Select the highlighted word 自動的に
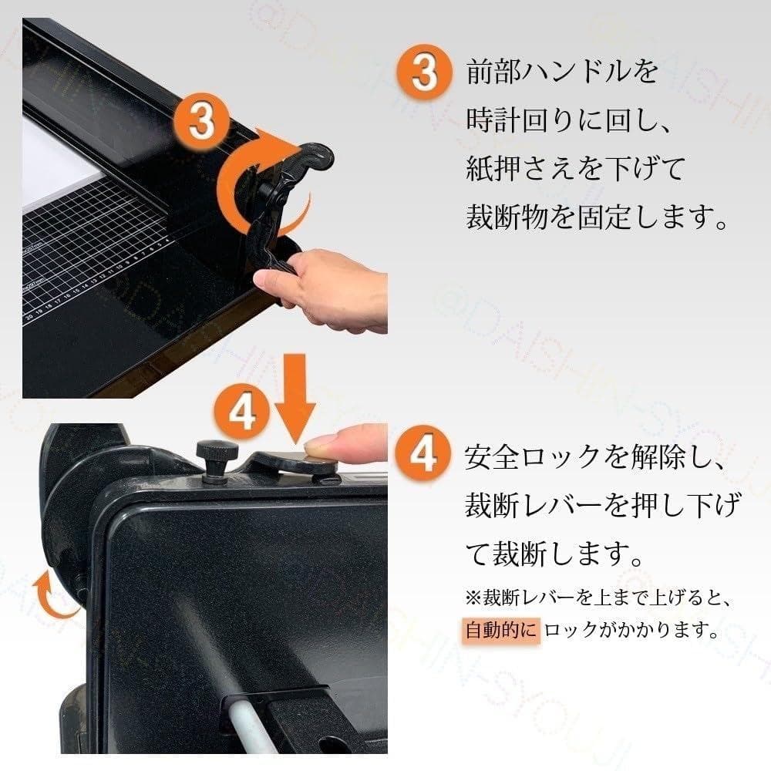pyautogui.click(x=502, y=630)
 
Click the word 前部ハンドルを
pyautogui.click(x=563, y=72)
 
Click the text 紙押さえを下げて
pyautogui.click(x=574, y=169)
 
